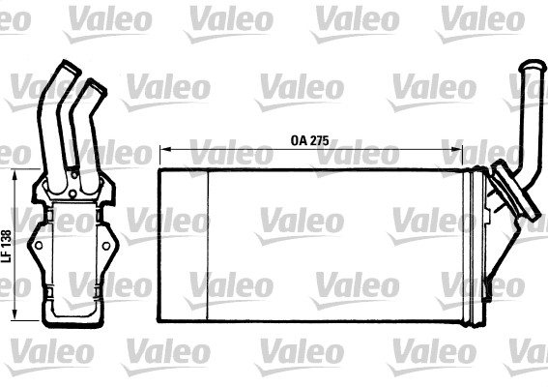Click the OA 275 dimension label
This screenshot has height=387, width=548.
310,139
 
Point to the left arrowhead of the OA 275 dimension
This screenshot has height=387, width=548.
162,151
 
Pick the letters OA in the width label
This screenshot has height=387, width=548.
299,139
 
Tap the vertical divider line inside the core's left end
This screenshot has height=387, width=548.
208,247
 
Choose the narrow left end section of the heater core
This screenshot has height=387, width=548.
184,247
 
